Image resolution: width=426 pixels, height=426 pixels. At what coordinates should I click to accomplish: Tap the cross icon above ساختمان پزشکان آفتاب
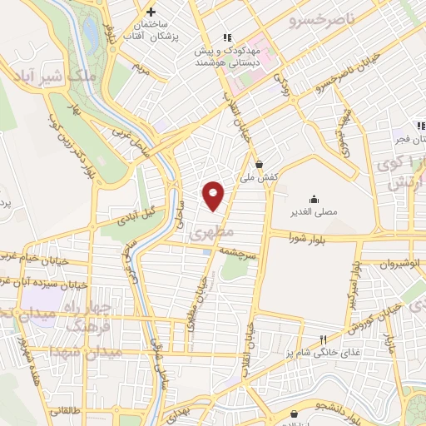point(151,12)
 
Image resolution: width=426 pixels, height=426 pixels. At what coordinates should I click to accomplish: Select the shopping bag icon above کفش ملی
point(260,164)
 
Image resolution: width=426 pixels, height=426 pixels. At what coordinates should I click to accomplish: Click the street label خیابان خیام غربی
point(33,258)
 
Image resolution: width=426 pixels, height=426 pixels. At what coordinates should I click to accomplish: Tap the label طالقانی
point(66,410)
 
